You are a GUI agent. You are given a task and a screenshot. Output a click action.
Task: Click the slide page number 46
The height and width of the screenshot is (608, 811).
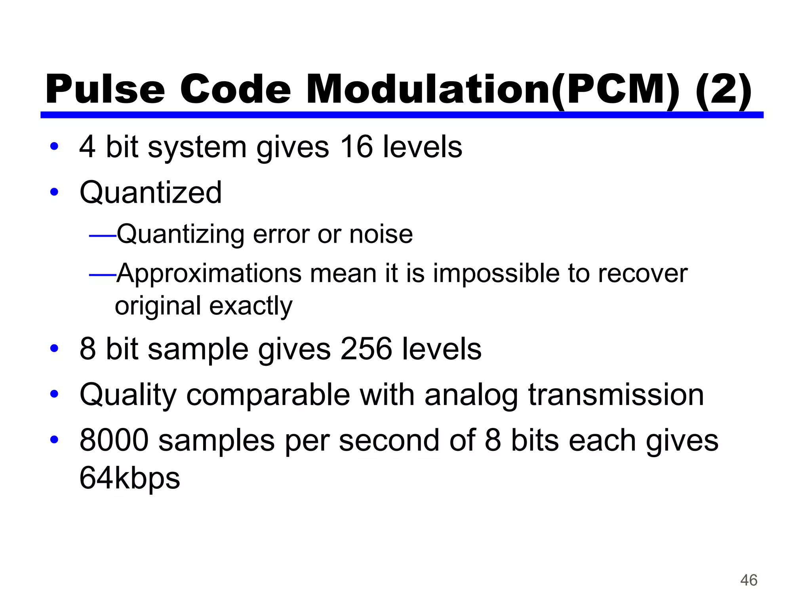(748, 580)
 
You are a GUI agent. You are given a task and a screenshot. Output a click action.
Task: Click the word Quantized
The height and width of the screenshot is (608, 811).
(150, 193)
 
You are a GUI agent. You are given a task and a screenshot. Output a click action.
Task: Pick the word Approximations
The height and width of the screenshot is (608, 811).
(209, 274)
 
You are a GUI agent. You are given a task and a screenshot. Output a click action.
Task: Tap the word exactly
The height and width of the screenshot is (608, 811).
(251, 306)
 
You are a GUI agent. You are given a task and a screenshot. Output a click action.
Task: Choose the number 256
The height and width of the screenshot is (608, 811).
(366, 349)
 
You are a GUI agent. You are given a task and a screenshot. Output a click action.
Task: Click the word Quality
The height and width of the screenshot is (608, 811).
(128, 395)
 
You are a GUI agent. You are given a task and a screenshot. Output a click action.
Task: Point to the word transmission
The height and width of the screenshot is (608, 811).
(616, 395)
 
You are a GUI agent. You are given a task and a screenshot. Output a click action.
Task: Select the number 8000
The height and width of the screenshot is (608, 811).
(114, 440)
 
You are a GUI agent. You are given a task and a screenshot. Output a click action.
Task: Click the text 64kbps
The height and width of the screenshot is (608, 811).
(129, 478)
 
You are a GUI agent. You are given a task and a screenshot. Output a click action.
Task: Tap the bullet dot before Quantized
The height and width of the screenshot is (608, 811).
(54, 193)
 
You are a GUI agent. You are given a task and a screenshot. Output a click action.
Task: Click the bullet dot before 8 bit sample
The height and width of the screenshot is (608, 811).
(54, 349)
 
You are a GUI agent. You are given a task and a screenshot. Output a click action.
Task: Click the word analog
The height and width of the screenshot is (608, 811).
(471, 395)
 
